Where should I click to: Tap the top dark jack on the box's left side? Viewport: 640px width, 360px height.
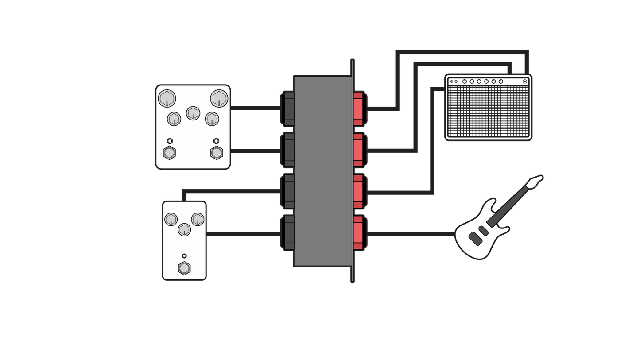(289, 108)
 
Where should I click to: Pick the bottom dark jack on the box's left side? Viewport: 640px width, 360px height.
(289, 232)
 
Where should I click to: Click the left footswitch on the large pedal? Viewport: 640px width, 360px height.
(169, 153)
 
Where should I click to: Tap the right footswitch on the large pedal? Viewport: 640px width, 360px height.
(216, 153)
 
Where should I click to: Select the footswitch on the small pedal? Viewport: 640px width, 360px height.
(184, 268)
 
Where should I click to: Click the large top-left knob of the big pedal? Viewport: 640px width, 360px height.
(167, 98)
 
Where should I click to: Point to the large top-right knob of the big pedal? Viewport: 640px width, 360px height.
(219, 98)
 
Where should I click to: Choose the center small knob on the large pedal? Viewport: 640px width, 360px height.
(193, 113)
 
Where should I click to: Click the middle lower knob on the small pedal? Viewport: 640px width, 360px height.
(184, 229)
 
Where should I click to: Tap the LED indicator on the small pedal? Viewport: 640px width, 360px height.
(184, 256)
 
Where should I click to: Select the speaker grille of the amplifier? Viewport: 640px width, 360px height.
(488, 111)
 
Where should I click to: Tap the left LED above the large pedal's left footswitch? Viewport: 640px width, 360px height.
(169, 141)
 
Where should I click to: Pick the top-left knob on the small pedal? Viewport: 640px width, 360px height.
(171, 219)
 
